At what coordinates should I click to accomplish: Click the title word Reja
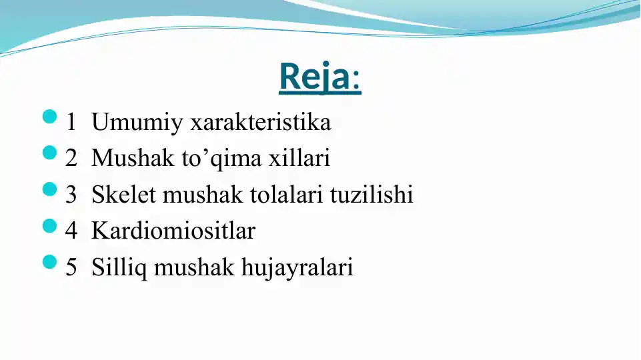[314, 77]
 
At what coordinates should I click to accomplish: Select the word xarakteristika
[261, 123]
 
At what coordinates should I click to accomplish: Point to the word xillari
[299, 159]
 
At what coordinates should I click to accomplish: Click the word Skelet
[124, 195]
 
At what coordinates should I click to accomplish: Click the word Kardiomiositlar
[173, 231]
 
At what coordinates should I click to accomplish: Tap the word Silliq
[120, 267]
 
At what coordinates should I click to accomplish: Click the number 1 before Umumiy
[71, 123]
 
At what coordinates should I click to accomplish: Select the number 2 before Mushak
[71, 159]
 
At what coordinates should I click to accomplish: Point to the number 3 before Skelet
[71, 195]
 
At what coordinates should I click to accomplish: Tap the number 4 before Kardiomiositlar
[71, 231]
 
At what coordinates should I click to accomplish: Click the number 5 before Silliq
[71, 267]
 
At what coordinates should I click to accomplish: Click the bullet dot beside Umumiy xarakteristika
[50, 117]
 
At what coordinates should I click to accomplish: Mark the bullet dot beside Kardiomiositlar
[50, 226]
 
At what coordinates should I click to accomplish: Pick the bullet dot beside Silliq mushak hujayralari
[50, 262]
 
